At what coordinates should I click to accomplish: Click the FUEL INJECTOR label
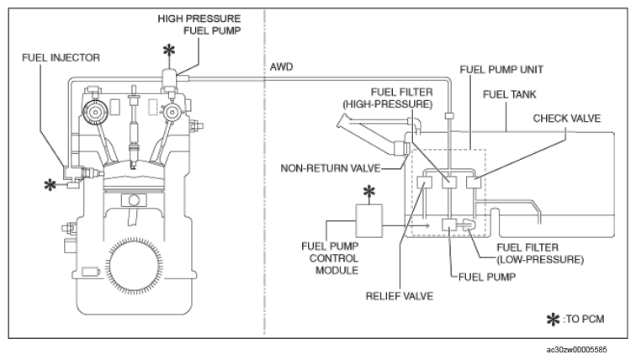pyautogui.click(x=61, y=57)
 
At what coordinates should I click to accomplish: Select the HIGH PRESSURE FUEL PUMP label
pyautogui.click(x=199, y=24)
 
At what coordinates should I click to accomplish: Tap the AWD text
pyautogui.click(x=281, y=67)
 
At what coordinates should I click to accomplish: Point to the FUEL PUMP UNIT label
pyautogui.click(x=501, y=70)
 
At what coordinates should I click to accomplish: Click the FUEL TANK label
pyautogui.click(x=510, y=94)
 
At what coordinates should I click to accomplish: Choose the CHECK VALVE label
pyautogui.click(x=567, y=119)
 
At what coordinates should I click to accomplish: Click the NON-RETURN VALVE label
pyautogui.click(x=330, y=168)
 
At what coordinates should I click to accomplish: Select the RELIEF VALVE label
pyautogui.click(x=399, y=296)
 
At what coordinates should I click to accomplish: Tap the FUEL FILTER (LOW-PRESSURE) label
pyautogui.click(x=540, y=253)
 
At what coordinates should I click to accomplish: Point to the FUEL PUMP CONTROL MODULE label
pyautogui.click(x=330, y=258)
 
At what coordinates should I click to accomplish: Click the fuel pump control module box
pyautogui.click(x=368, y=220)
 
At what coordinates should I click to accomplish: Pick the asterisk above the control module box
pyautogui.click(x=368, y=192)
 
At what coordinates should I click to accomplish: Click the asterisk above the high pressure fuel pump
pyautogui.click(x=169, y=51)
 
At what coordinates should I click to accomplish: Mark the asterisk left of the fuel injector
pyautogui.click(x=50, y=185)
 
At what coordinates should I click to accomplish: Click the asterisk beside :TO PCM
pyautogui.click(x=553, y=320)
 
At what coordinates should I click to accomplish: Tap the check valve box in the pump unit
pyautogui.click(x=474, y=183)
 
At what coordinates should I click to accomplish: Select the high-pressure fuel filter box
pyautogui.click(x=449, y=183)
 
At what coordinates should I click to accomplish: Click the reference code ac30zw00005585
pyautogui.click(x=576, y=350)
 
